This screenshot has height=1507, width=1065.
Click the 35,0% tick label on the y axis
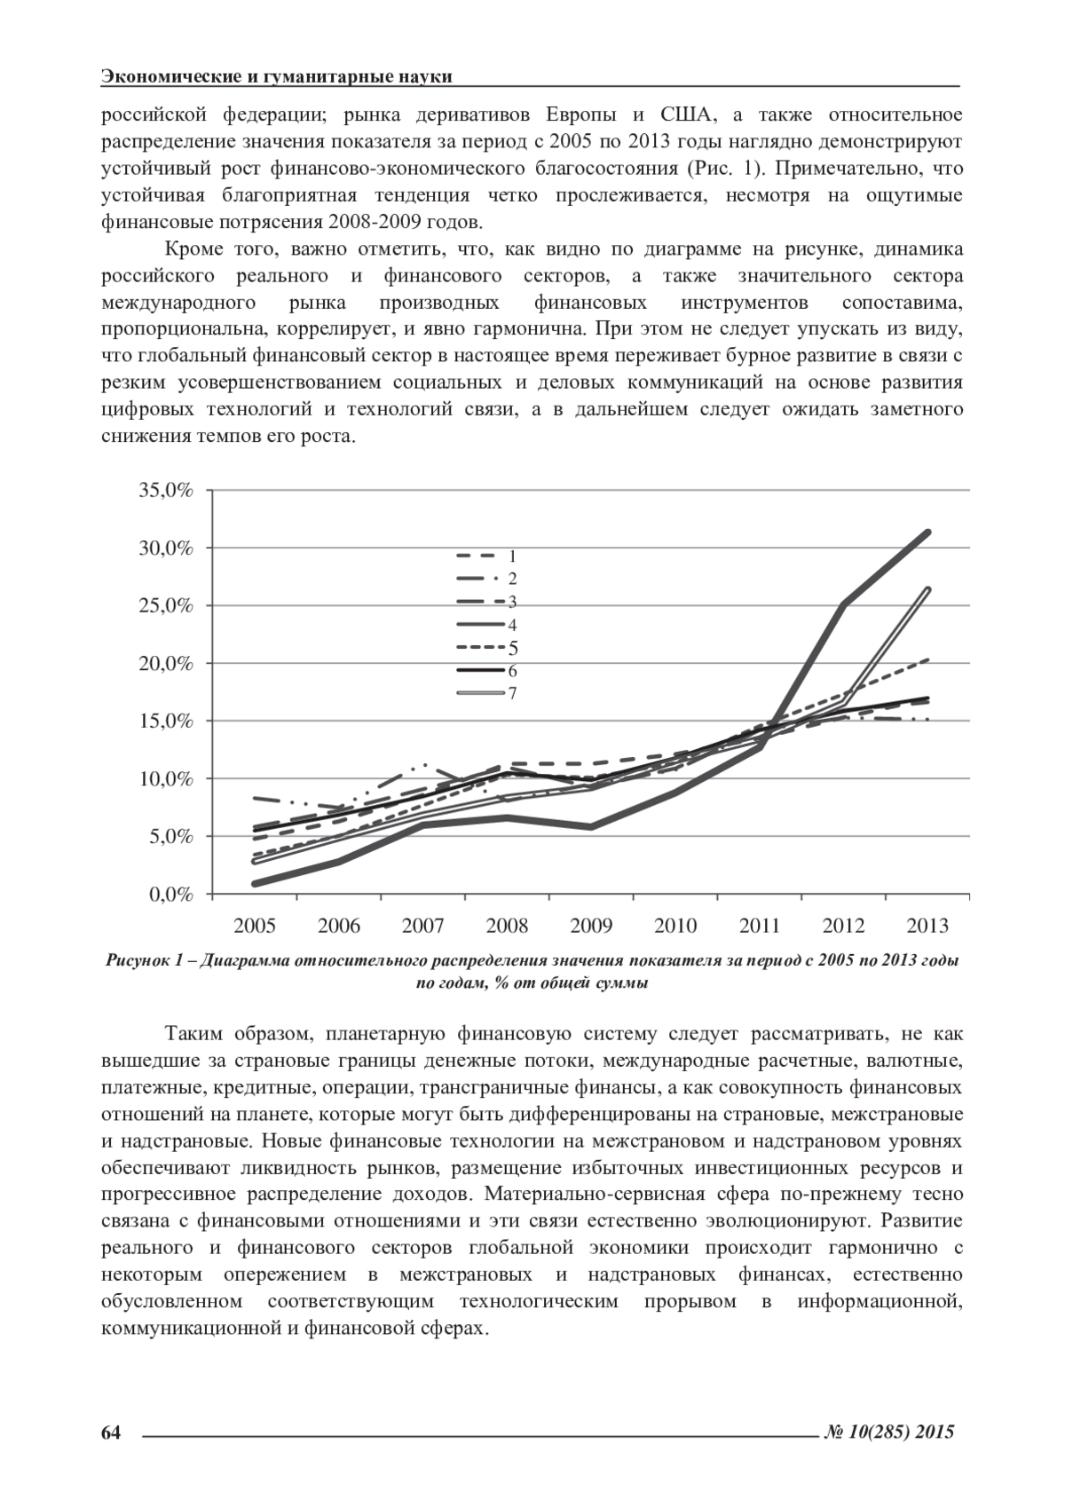pos(166,491)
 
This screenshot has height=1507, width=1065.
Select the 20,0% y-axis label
pos(166,664)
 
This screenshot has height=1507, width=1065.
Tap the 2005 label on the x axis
pos(254,926)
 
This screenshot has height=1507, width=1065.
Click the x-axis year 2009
pos(590,926)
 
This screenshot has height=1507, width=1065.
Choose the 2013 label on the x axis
pos(927,926)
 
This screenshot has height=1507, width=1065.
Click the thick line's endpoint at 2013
pos(927,533)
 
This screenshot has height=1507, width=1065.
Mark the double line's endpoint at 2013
pos(927,589)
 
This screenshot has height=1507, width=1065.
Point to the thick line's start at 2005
pos(256,883)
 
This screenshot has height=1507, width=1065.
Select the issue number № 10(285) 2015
pos(888,1432)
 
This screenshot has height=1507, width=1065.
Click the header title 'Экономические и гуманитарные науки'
pos(277,76)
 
